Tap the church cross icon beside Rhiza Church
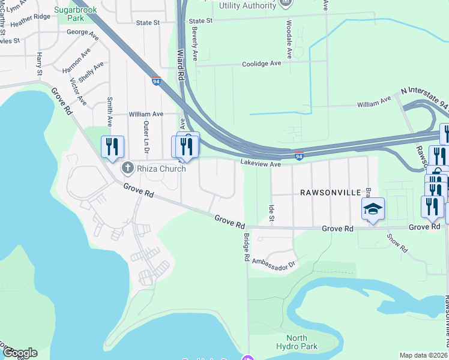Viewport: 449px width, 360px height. click(127, 167)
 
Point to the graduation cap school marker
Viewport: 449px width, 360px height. click(373, 209)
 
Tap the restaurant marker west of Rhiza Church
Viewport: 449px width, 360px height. click(112, 147)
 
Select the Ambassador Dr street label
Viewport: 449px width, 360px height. click(275, 262)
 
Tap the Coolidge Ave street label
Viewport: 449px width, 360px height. click(261, 64)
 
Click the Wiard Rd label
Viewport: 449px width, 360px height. click(179, 66)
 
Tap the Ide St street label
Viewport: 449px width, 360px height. click(271, 214)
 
